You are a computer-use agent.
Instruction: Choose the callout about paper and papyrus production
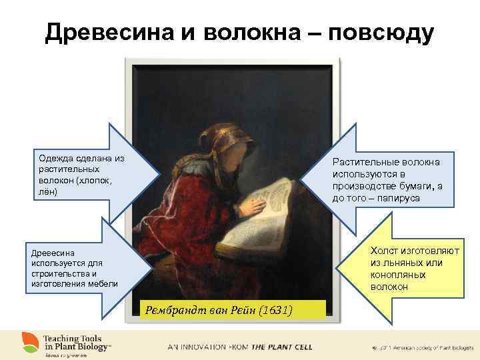387,180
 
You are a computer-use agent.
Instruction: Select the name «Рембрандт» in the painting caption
173,309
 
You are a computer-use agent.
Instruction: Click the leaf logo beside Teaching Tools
29,341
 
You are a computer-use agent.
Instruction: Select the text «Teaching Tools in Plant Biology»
77,341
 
